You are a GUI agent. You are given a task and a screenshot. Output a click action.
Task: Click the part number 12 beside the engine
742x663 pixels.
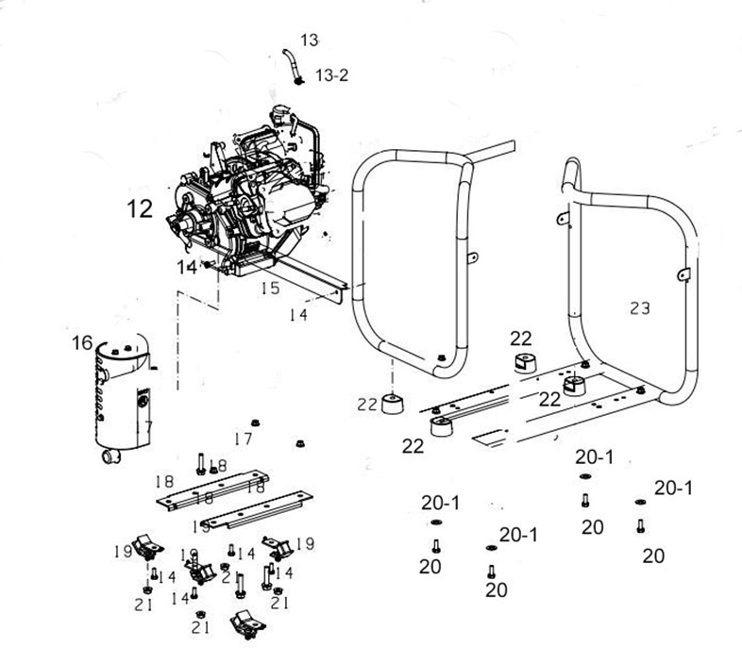click(140, 208)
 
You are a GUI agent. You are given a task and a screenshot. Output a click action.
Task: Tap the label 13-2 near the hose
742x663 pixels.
click(330, 75)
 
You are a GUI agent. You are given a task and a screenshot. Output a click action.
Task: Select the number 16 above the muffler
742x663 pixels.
click(81, 341)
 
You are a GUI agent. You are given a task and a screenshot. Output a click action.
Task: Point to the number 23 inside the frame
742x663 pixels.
click(640, 307)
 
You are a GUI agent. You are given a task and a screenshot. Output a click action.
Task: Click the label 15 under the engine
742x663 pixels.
click(270, 288)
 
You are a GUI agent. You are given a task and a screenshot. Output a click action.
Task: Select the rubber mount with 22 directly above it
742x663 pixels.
click(522, 363)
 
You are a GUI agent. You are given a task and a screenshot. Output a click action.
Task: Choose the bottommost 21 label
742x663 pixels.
click(200, 625)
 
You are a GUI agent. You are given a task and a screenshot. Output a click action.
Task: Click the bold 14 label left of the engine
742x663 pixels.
click(187, 268)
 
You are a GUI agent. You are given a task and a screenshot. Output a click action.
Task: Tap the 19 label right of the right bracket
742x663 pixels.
click(305, 543)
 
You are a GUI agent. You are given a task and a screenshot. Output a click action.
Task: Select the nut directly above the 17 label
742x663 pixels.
click(254, 421)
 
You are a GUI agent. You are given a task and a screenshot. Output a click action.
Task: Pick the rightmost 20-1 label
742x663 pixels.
click(673, 488)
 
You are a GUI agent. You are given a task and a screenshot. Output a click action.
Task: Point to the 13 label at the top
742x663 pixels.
click(310, 40)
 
